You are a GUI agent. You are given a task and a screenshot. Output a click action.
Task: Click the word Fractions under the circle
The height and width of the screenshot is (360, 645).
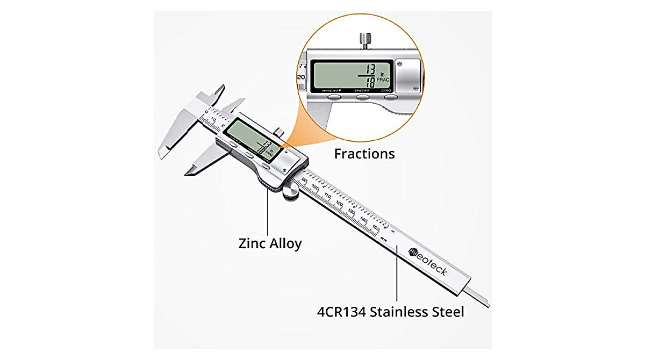[364, 154]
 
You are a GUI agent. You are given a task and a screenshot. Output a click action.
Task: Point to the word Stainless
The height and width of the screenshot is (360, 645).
[394, 311]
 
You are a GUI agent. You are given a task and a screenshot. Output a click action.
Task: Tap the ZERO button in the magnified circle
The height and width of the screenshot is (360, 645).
[386, 97]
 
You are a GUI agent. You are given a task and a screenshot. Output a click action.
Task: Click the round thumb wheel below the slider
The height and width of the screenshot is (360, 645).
[291, 194]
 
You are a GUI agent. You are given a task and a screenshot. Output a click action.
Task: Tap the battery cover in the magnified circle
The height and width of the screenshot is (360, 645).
[407, 74]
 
